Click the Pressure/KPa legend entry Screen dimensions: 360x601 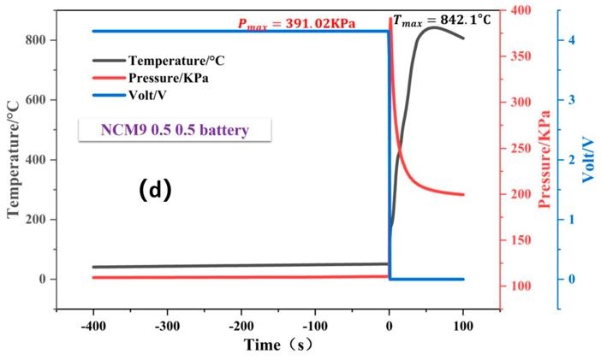point(169,78)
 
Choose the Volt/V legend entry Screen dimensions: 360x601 point(152,94)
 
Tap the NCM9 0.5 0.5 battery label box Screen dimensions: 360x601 point(176,131)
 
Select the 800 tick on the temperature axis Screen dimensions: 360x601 point(39,40)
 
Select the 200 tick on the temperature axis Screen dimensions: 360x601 point(39,220)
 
